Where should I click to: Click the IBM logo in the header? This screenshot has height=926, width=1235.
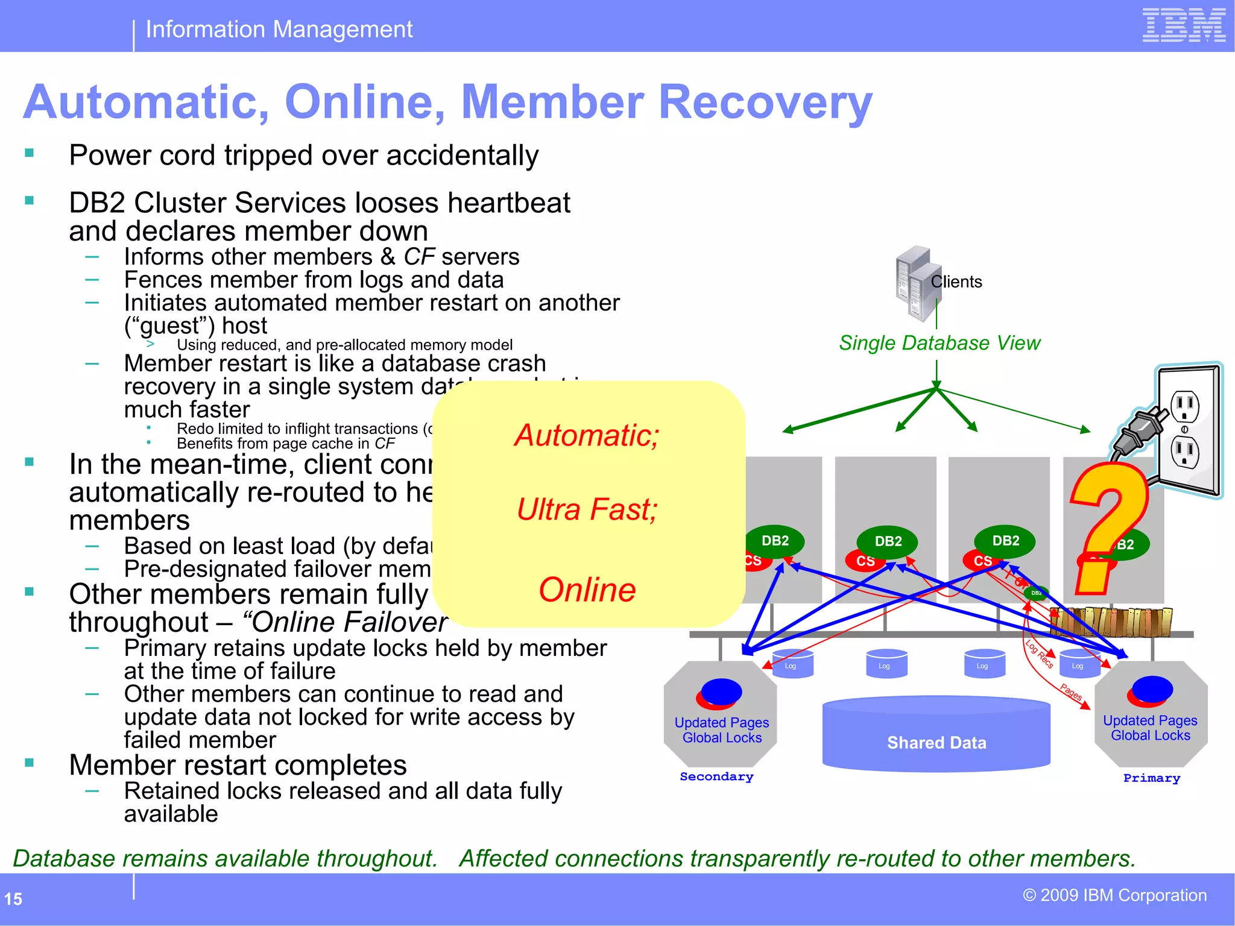(1183, 25)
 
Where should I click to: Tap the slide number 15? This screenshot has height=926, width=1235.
(13, 899)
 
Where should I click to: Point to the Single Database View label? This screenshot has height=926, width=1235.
(939, 343)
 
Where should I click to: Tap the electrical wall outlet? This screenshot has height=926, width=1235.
(1187, 430)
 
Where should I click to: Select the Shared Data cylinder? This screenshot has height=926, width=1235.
(936, 734)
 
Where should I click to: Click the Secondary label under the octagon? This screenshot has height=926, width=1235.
(716, 776)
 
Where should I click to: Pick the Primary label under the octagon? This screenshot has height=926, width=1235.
(1151, 778)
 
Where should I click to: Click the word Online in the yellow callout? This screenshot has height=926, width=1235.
(587, 590)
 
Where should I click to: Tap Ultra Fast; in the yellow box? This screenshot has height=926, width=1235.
(587, 509)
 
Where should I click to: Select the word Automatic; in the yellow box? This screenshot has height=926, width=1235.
(587, 435)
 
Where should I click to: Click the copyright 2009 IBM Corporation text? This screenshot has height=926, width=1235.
(1114, 895)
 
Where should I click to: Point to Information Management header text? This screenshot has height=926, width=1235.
(279, 29)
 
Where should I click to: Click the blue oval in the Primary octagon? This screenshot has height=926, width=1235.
(1152, 688)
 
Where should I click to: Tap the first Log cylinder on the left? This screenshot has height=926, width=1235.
(792, 664)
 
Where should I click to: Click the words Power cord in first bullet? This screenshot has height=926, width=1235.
(142, 156)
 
